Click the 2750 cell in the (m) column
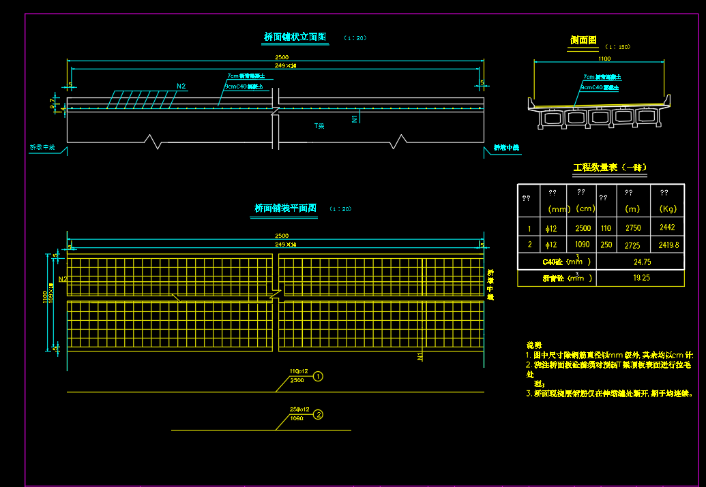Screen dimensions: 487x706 pos(633,228)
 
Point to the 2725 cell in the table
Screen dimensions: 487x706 pos(633,245)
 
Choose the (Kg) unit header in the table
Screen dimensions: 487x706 pos(667,209)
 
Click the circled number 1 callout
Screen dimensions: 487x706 pos(318,376)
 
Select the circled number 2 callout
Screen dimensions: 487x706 pos(318,414)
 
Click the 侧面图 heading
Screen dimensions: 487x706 pos(584,41)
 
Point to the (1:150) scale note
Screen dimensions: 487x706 pos(617,47)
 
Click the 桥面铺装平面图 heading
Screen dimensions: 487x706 pos(285,208)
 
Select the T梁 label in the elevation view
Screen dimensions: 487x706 pos(319,126)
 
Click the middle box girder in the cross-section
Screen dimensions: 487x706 pos(600,117)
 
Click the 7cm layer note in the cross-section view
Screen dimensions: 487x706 pos(601,78)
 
